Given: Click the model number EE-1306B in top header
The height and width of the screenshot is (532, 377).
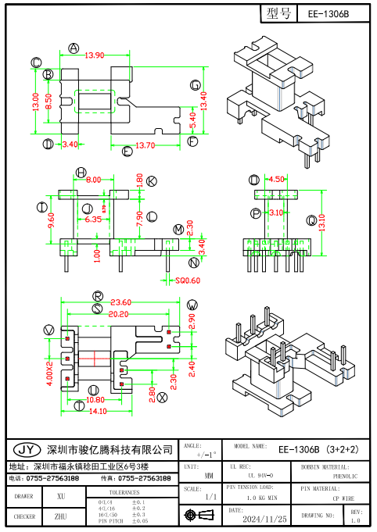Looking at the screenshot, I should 329,14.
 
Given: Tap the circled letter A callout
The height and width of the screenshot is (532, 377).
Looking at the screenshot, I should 74,48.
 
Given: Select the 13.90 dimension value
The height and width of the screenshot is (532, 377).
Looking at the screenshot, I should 95,55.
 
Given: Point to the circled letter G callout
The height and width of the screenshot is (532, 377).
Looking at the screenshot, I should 195,85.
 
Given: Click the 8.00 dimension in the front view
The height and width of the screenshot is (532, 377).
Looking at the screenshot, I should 94,180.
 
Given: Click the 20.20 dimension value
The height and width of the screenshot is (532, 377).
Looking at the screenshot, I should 118,313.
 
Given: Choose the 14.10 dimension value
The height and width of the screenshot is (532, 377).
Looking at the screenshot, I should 97,411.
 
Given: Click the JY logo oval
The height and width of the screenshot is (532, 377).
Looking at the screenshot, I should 25,450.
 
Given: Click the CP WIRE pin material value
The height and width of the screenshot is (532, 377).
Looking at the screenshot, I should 343,498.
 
